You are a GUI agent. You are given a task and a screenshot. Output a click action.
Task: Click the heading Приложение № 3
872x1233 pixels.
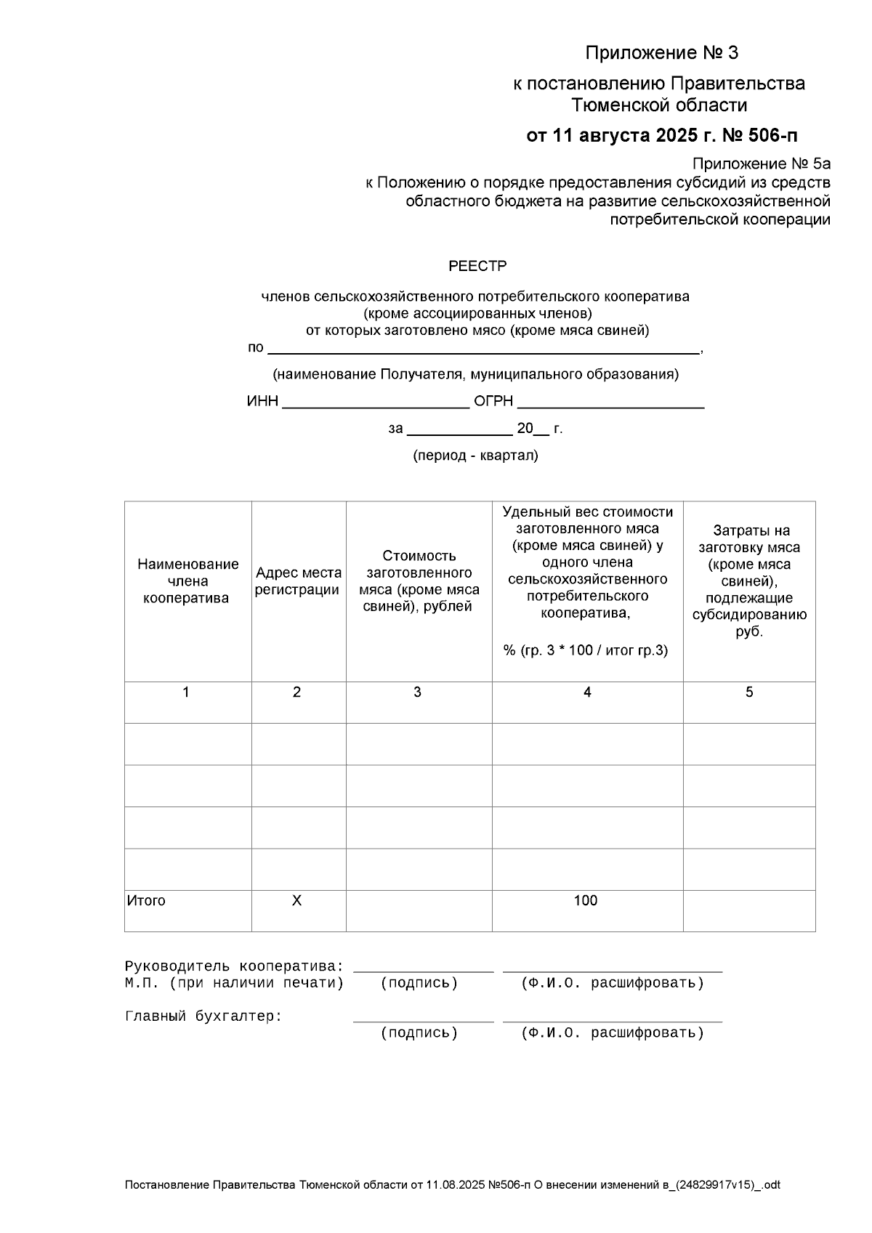pos(661,53)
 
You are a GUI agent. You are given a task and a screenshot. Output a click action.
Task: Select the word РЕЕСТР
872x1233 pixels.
pos(477,267)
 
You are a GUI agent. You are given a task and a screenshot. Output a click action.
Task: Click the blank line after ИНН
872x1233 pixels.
pos(375,402)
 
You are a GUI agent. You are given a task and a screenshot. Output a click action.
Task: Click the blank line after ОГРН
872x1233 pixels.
pos(610,402)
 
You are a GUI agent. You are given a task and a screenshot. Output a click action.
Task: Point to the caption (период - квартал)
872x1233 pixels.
pos(475,456)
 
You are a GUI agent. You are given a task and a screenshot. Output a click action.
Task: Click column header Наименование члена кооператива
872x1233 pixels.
pos(187,581)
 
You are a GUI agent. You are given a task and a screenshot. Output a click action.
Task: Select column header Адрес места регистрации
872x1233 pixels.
pos(298,581)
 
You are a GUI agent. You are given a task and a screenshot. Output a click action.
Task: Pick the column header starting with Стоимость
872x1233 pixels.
pos(419,581)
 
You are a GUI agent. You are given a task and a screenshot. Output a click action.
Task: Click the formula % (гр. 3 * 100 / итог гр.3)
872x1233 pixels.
pos(585,650)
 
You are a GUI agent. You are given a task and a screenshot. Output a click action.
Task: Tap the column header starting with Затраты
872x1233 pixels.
pos(749,581)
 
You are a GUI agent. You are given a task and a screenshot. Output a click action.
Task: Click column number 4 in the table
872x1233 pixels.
pos(587,692)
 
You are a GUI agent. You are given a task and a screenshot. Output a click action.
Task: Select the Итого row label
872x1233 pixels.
pos(146,901)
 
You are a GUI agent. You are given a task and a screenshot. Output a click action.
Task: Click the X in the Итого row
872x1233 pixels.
pos(296,901)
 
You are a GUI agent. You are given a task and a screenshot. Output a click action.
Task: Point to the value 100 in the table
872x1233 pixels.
pos(585,901)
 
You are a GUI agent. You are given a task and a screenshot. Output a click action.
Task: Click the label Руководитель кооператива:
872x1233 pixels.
pos(233,967)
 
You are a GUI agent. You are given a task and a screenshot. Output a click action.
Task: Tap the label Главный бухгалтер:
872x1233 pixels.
pos(203,1017)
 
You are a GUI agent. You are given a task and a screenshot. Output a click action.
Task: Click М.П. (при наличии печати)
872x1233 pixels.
pos(233,984)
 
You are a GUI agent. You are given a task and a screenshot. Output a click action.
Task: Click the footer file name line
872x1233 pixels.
pos(452,1185)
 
